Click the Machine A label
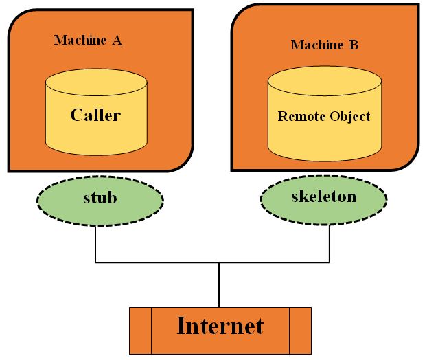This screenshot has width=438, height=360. (88, 41)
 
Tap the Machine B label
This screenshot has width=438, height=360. (324, 45)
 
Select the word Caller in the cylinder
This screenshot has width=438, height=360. (95, 115)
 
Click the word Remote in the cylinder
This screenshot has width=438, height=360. (299, 116)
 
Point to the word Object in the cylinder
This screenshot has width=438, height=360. (349, 116)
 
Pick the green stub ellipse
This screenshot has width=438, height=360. (100, 199)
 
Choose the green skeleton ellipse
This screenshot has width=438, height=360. (324, 198)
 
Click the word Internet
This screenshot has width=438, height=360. (220, 326)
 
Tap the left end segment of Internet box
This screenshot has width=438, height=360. (140, 330)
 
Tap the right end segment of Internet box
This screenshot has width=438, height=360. (299, 330)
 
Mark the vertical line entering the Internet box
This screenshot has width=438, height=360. (219, 285)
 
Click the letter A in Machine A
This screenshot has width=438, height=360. (117, 41)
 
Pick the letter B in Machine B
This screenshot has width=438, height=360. (354, 45)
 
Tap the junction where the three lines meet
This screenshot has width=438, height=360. (219, 262)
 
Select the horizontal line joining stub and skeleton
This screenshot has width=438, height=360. (158, 262)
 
